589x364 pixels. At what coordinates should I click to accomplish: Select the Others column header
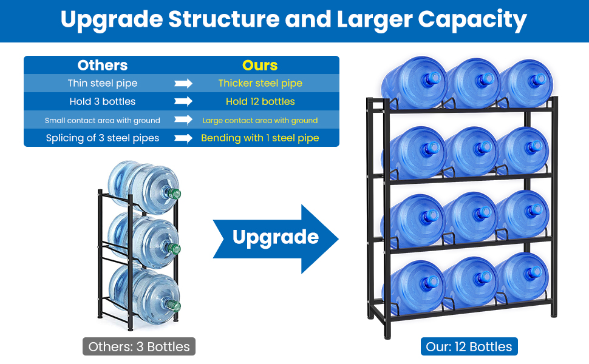(103, 66)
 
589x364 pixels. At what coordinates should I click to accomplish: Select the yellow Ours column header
(260, 66)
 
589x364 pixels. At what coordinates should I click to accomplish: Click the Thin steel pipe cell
(103, 83)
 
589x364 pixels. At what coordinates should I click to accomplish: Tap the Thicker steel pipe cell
(260, 83)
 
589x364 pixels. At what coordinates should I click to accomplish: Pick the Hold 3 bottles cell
(103, 101)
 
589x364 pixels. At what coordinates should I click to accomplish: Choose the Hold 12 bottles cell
(260, 101)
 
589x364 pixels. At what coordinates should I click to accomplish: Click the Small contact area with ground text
(103, 120)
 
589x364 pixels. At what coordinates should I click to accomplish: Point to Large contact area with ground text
(260, 120)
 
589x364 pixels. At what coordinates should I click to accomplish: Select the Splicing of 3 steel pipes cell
(103, 138)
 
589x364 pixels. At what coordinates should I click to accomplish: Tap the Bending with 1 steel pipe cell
(260, 138)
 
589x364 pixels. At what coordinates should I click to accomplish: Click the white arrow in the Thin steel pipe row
(183, 83)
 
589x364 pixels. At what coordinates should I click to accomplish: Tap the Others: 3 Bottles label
(139, 347)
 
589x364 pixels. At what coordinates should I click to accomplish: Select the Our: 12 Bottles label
(469, 347)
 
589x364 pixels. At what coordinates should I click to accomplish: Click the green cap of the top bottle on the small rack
(175, 194)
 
